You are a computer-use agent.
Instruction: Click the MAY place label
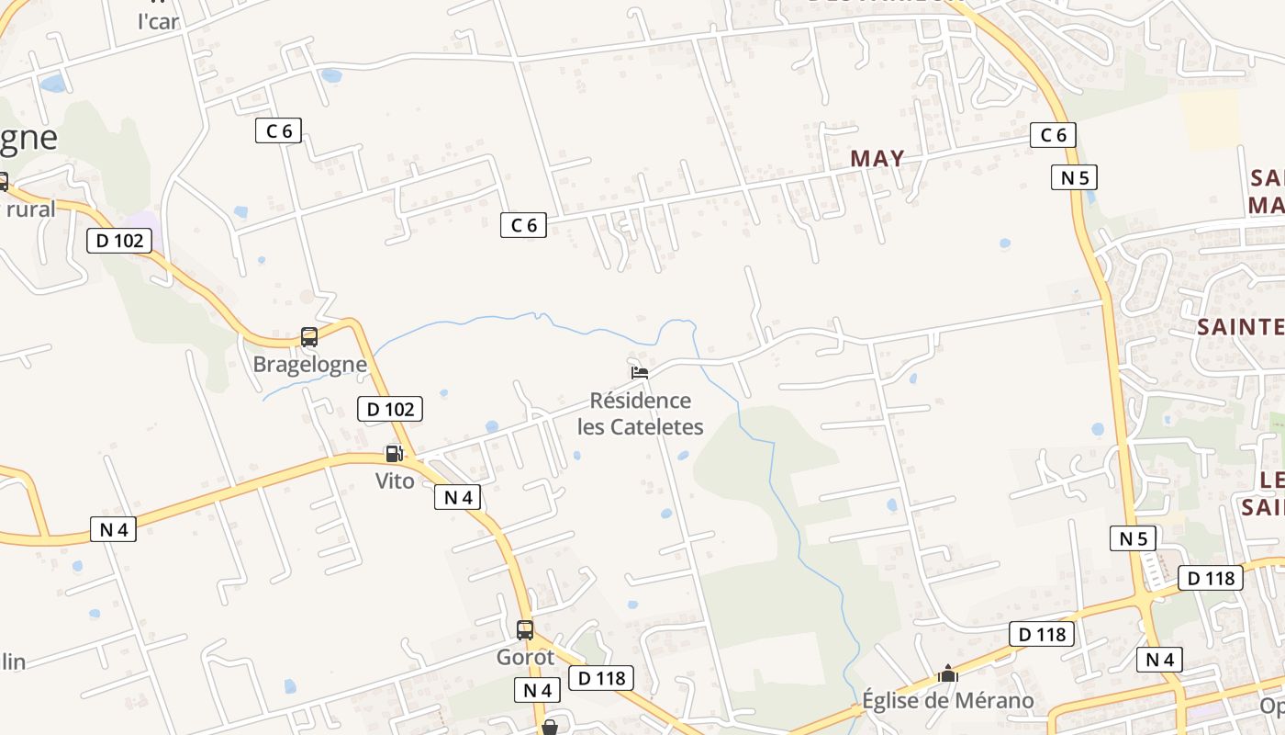click(877, 158)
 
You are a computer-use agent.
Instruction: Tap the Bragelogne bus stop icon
click(309, 337)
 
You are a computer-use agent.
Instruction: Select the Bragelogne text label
click(309, 365)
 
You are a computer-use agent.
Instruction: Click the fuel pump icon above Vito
click(394, 453)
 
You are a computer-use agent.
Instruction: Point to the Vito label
click(395, 481)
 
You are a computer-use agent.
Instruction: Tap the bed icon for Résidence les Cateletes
click(640, 373)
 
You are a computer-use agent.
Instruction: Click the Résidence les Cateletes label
click(640, 413)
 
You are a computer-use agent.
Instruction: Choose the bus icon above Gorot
click(525, 630)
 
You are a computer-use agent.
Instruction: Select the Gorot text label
click(525, 658)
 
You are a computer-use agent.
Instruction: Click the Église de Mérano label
click(947, 701)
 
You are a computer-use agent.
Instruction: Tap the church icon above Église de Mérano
click(948, 674)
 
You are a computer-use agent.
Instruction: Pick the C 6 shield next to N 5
click(1052, 135)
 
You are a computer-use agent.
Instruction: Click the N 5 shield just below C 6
click(1074, 177)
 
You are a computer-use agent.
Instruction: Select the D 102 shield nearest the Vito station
click(389, 409)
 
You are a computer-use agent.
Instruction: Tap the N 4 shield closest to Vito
click(457, 497)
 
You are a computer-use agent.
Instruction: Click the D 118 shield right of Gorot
click(601, 678)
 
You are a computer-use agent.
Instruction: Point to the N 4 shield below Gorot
click(537, 690)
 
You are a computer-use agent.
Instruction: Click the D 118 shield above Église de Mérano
click(1042, 634)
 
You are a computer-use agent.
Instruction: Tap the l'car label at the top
click(158, 21)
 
